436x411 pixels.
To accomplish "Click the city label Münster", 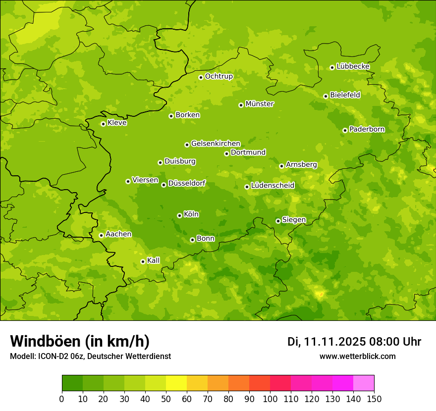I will tap(260, 104).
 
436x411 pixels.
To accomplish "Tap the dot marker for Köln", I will tap(179, 215).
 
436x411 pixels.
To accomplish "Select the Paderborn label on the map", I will tap(367, 129).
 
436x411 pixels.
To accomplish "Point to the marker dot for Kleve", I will tap(103, 124).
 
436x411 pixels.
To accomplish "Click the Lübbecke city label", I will tap(353, 66).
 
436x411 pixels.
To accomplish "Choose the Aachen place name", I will tap(118, 234).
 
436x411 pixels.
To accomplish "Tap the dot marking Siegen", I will tap(278, 221).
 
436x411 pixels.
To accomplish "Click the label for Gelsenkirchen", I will tap(216, 144).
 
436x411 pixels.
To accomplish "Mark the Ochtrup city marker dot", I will tap(201, 77).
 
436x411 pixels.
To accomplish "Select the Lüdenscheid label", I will tap(272, 186).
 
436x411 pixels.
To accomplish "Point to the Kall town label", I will tap(153, 260).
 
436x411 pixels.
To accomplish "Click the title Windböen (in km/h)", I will tap(80, 342).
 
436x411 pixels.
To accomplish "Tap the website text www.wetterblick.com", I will tap(357, 357).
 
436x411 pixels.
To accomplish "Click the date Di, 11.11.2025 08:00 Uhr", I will tap(354, 342).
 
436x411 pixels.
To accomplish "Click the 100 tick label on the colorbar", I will tap(270, 399).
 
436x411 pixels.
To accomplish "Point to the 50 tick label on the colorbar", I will tap(166, 399).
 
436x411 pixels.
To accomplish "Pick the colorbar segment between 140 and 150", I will tap(363, 383).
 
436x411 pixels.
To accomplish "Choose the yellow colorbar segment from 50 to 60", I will tap(176, 383).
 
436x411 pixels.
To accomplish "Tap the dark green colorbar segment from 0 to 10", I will tap(72, 383).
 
